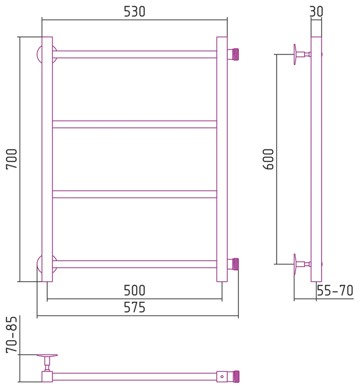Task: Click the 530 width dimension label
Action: click(x=134, y=12)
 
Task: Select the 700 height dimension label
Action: click(x=12, y=159)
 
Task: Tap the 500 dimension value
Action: click(x=134, y=291)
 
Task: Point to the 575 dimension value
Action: click(x=134, y=308)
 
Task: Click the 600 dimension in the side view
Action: click(x=268, y=159)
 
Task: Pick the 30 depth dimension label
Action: click(x=316, y=12)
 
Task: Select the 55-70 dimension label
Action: click(x=335, y=291)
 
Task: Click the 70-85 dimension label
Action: click(x=12, y=335)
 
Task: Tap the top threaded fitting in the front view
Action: click(x=233, y=54)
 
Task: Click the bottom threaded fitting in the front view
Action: click(x=233, y=264)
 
